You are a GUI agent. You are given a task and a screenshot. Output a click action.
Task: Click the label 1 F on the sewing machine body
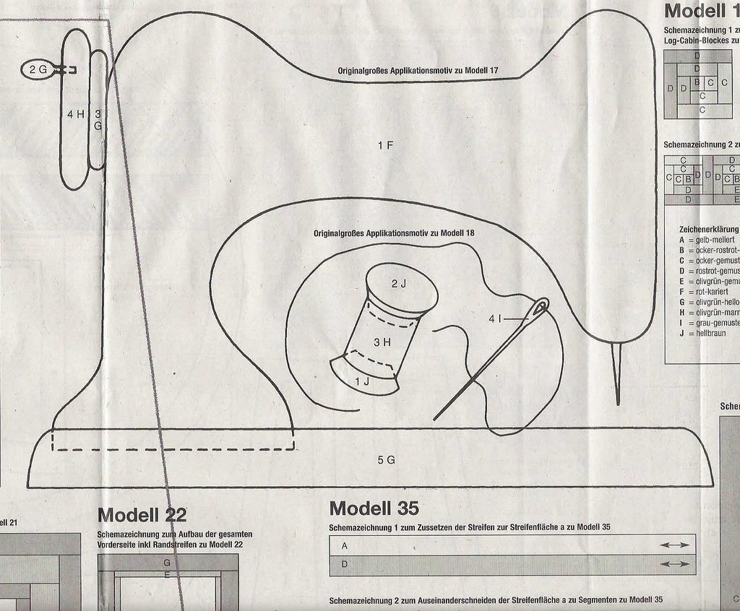(385, 146)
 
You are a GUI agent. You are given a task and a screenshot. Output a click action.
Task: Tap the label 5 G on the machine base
(386, 460)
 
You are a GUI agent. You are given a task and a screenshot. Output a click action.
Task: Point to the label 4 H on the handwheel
(75, 114)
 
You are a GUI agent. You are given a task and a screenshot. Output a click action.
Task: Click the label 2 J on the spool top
(399, 284)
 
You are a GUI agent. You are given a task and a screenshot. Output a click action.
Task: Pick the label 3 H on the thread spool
(382, 342)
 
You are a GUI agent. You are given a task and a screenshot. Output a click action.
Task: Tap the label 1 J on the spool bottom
(362, 381)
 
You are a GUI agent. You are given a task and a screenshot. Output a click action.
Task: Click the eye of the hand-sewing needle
(540, 308)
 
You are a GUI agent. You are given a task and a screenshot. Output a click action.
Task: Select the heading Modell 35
(374, 508)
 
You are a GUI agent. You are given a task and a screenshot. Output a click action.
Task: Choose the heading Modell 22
(142, 515)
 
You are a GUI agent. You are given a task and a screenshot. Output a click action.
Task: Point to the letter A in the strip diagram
(345, 546)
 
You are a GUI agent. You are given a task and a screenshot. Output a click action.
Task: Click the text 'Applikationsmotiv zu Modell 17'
(429, 71)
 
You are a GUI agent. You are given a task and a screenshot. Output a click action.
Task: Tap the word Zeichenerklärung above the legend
(704, 229)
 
